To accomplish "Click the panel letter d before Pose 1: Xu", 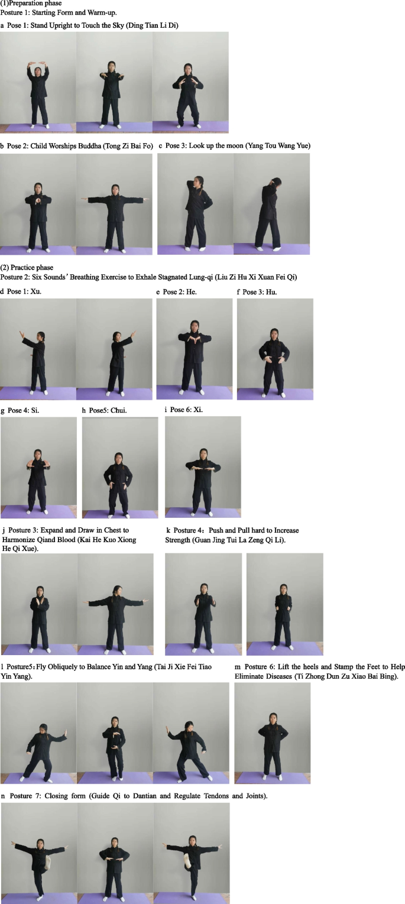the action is point(2,291).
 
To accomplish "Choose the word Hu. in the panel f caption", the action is point(271,292).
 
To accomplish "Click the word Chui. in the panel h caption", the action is point(119,410).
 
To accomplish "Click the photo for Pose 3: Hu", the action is point(275,349).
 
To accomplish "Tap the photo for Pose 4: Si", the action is point(38,468).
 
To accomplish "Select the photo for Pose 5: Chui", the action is point(120,468).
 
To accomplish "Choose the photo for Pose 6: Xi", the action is point(203,467).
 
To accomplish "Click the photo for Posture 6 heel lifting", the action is point(273,733).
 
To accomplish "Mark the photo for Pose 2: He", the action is point(195,349).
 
